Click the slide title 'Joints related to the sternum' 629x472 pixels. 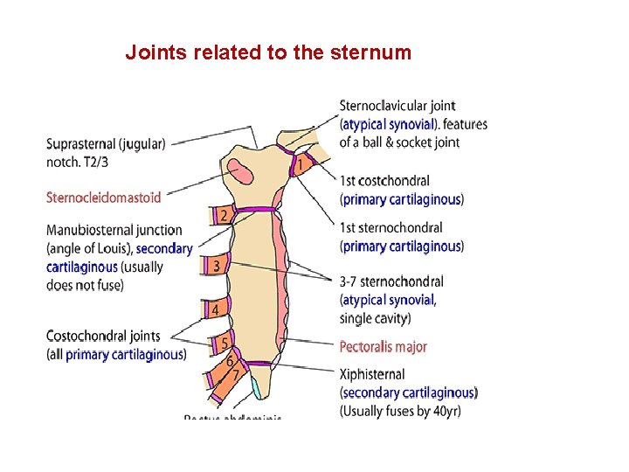coord(267,52)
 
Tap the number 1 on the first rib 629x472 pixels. coord(301,164)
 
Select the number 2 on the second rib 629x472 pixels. coord(224,215)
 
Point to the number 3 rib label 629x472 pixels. coord(216,264)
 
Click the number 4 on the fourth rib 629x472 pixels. coord(215,309)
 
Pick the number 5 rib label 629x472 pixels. coord(225,344)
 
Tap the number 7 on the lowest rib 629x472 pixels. coord(235,374)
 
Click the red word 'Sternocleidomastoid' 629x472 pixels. coord(103,198)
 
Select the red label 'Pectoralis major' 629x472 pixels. coord(383,347)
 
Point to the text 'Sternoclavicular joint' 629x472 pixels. coord(397,107)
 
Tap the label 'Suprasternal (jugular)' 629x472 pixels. coord(106,144)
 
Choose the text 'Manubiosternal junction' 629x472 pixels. coord(114,230)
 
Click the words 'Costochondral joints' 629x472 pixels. coord(103,336)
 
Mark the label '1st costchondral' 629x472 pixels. coord(384,181)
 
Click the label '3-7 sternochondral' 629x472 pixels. coord(391,281)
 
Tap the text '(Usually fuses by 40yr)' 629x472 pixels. coord(400,411)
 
